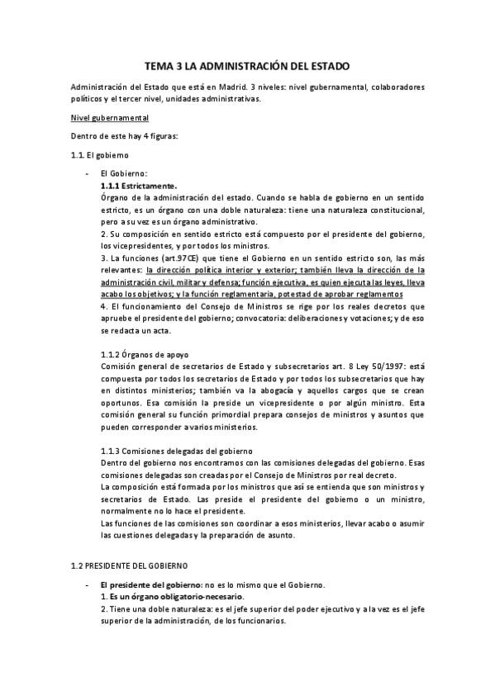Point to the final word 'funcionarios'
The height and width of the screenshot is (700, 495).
pos(260,621)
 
